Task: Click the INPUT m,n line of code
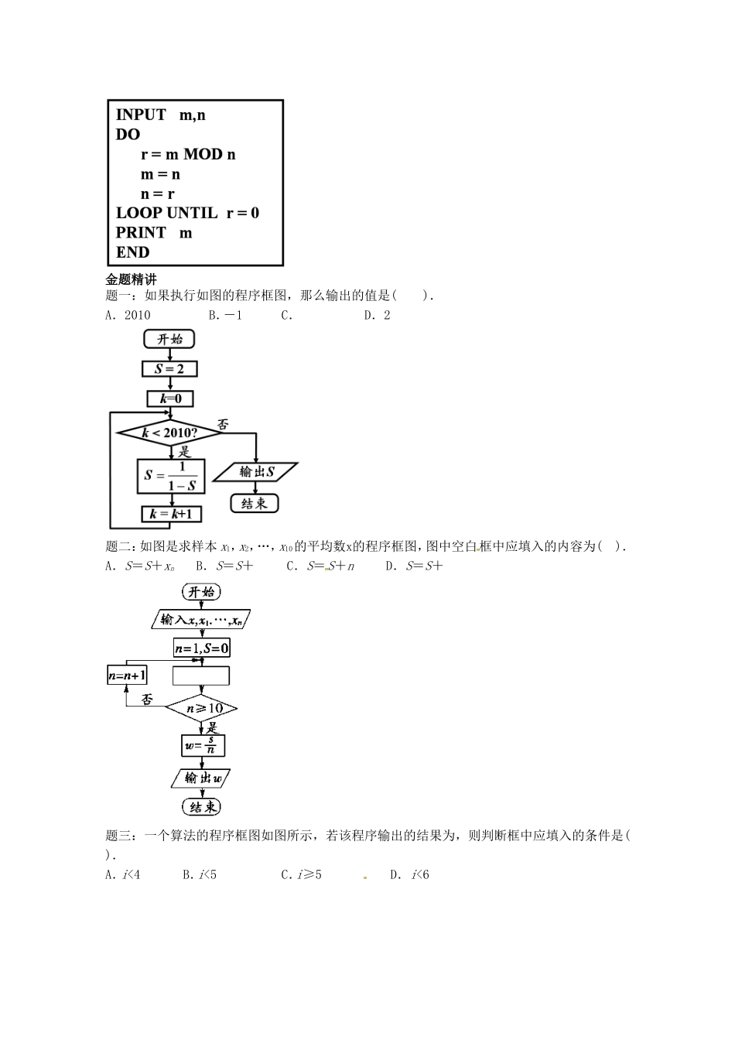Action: point(160,115)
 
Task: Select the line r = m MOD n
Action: point(188,155)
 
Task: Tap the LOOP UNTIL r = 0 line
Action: point(187,213)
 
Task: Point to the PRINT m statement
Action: point(154,233)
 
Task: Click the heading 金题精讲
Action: point(131,280)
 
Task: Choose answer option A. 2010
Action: point(128,315)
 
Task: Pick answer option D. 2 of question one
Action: point(378,315)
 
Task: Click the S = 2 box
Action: point(169,368)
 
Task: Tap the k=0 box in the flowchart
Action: point(170,399)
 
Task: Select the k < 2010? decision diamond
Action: point(169,433)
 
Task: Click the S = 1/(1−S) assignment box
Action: point(169,475)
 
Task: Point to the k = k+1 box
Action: point(170,514)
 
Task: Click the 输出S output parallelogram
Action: point(255,471)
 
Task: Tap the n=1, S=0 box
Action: point(201,648)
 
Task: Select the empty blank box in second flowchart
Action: point(201,676)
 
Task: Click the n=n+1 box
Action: point(127,676)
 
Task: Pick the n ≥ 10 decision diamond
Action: point(201,708)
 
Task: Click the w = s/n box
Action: point(202,746)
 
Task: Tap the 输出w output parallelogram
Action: point(201,778)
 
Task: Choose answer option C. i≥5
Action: point(302,875)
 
